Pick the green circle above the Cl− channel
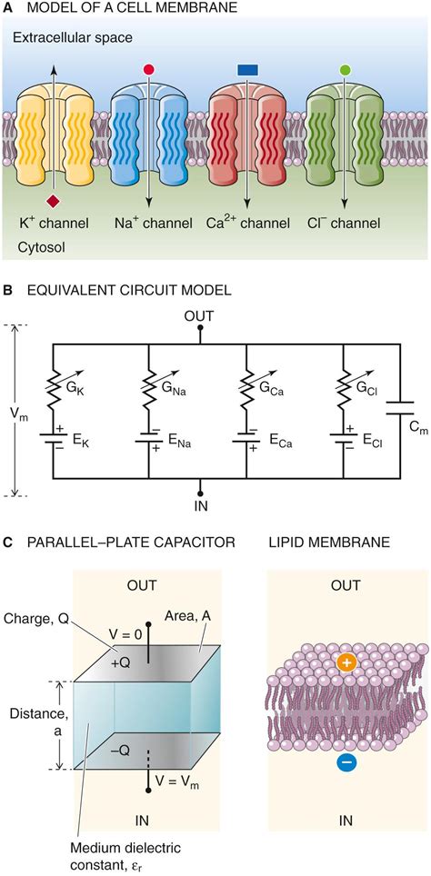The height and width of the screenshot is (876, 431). pos(344,70)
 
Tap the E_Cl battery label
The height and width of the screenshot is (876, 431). pos(371,424)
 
